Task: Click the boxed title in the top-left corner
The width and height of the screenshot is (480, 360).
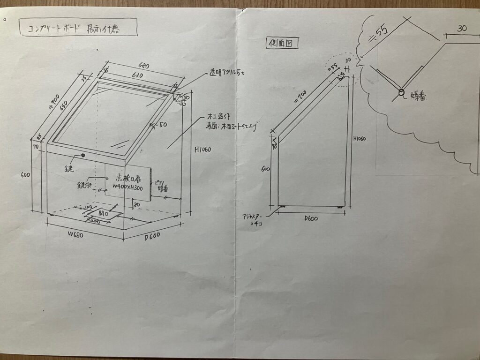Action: [78, 27]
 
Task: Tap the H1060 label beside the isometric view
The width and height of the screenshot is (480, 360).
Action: [202, 150]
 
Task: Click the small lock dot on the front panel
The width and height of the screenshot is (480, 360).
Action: [83, 155]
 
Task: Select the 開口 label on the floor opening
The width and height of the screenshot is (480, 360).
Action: [103, 213]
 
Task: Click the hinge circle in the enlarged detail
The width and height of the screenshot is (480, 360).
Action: [401, 93]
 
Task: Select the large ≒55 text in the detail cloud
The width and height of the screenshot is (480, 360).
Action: [378, 32]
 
